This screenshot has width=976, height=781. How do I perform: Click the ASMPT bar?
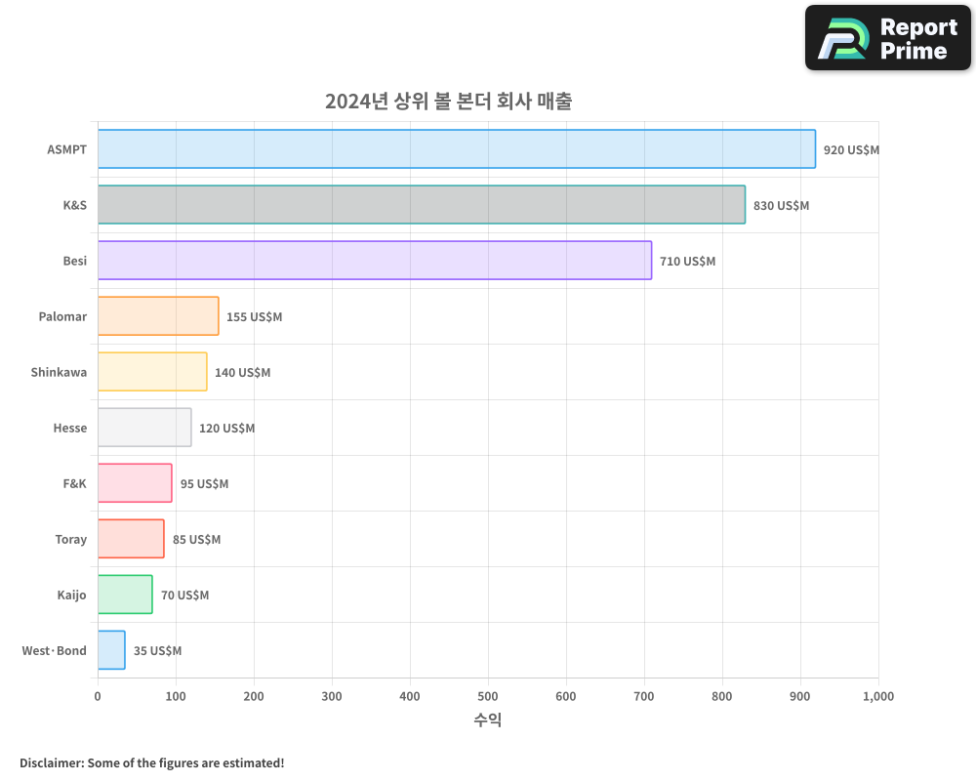click(x=456, y=149)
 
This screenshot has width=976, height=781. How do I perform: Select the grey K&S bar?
click(x=421, y=205)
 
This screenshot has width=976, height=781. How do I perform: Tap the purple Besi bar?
click(x=374, y=261)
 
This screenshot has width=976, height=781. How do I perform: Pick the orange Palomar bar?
click(x=158, y=316)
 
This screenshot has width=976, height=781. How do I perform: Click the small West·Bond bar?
click(x=111, y=650)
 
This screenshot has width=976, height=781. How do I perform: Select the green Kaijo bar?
click(x=125, y=595)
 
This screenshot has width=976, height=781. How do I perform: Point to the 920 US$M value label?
click(x=851, y=150)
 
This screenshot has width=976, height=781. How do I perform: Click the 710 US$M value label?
click(x=687, y=262)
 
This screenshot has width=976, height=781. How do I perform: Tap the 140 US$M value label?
click(x=242, y=373)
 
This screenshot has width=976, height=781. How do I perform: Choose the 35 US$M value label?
click(x=157, y=651)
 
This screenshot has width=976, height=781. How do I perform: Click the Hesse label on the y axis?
click(x=70, y=428)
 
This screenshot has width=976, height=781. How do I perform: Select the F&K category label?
click(x=74, y=483)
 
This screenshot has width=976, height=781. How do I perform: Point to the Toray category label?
click(x=71, y=539)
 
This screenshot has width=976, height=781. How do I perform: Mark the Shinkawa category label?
click(x=59, y=372)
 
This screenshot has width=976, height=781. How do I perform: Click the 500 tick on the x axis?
click(x=488, y=696)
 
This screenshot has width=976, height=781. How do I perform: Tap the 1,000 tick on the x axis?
click(x=877, y=696)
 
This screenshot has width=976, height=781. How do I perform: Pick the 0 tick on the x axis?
click(x=98, y=696)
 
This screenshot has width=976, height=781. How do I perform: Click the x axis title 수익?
click(x=488, y=720)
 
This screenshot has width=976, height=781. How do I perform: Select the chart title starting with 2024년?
click(x=448, y=102)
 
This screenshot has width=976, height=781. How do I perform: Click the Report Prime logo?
click(x=888, y=38)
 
